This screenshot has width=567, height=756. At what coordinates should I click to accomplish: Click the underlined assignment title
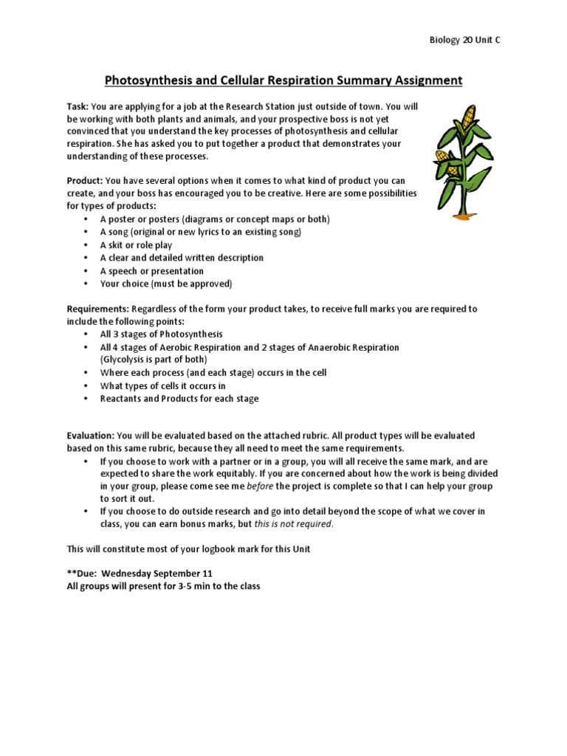click(283, 80)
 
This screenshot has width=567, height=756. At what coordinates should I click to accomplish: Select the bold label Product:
click(85, 181)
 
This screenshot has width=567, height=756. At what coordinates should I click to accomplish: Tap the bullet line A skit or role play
click(136, 245)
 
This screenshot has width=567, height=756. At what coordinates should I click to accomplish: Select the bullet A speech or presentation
click(151, 271)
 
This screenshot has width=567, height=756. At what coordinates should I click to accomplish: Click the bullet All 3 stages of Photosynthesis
click(161, 334)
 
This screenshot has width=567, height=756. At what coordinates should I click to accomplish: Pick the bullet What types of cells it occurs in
click(162, 385)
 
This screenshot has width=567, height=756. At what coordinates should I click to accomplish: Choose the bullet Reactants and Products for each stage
click(179, 399)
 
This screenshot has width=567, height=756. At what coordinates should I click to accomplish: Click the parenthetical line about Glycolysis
click(154, 360)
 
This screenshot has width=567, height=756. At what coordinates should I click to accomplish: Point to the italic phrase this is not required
click(293, 524)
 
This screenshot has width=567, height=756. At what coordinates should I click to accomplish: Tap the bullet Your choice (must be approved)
click(166, 283)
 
